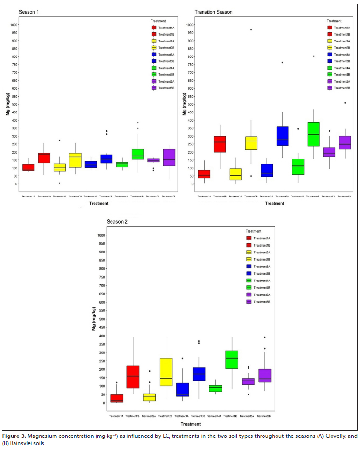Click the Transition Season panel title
(x=213, y=12)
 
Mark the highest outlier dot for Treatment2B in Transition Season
(x=251, y=30)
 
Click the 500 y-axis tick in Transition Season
(x=189, y=104)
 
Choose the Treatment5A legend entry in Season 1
(x=165, y=81)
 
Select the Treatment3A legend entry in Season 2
(x=262, y=267)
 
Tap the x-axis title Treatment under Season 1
(x=98, y=204)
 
